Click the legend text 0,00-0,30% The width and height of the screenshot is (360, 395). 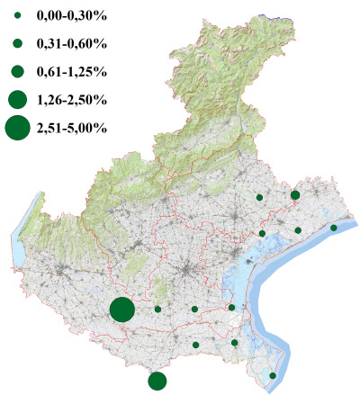pos(71,16)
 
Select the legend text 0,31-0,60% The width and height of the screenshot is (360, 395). pos(71,43)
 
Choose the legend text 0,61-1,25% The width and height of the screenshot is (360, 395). pos(71,71)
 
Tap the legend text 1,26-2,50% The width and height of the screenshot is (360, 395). pos(71,99)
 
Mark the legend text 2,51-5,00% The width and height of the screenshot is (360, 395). pos(71,128)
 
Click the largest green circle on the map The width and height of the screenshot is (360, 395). pos(122,310)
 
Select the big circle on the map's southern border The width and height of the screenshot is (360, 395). pos(157,381)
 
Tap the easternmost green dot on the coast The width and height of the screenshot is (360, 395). pos(334,228)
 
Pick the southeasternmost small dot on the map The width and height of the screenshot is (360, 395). pos(273,375)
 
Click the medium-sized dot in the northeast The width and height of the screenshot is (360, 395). pos(295,194)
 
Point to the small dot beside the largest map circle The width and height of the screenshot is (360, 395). pos(157,309)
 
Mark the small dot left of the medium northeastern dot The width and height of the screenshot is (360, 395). pos(259,196)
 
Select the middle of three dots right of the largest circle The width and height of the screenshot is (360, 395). pos(194,309)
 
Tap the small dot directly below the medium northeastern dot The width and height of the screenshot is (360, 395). pos(298,230)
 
